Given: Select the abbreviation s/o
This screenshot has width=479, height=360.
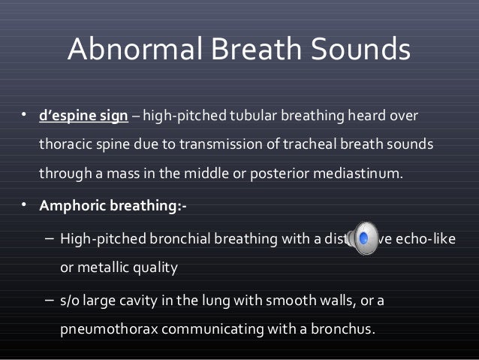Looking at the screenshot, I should [x=71, y=302].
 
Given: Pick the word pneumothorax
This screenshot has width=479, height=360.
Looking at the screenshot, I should [x=104, y=329].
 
